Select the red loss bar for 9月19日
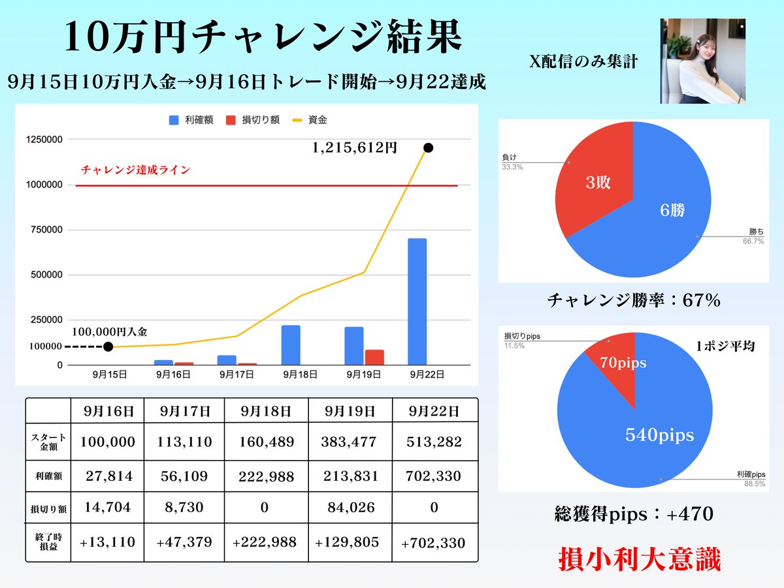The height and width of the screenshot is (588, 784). click(374, 357)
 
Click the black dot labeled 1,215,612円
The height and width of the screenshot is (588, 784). click(429, 148)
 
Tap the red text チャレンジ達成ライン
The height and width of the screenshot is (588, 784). click(136, 170)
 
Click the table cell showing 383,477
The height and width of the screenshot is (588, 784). click(350, 442)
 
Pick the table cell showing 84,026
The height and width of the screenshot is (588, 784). click(350, 508)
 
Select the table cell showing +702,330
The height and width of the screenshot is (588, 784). click(434, 542)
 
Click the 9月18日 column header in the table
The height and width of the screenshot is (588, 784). click(265, 412)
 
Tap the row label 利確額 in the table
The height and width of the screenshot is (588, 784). click(48, 476)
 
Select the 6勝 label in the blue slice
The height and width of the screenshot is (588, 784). click(674, 209)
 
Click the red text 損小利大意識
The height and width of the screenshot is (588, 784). click(639, 561)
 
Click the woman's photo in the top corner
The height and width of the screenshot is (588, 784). click(702, 61)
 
